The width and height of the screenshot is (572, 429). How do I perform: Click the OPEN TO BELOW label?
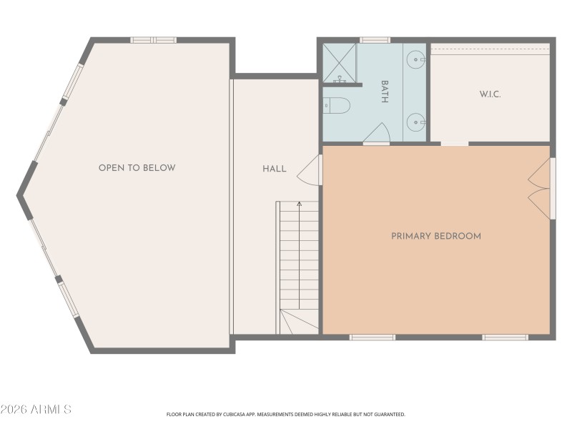[x=137, y=168]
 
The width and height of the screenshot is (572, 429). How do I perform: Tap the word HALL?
[x=274, y=169]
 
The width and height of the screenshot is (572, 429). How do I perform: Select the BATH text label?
[x=384, y=92]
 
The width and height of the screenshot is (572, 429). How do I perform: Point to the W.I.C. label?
[x=490, y=94]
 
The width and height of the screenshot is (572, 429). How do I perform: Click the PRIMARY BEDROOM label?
[x=435, y=236]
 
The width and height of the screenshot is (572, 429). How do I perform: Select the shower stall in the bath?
[x=339, y=63]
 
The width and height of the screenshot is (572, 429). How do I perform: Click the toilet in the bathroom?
[x=337, y=106]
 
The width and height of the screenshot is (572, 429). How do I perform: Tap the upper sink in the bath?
[x=415, y=61]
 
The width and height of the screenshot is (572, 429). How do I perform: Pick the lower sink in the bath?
[x=415, y=121]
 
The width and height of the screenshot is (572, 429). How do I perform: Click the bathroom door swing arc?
[x=377, y=133]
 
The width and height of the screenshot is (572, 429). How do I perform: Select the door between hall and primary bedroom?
[x=310, y=170]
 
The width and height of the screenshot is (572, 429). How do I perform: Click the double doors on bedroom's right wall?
[x=541, y=189]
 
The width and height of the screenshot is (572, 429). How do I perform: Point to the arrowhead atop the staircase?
[x=299, y=204]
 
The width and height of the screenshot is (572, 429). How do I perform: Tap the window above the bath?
[x=375, y=40]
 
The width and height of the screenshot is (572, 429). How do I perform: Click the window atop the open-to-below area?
[x=153, y=40]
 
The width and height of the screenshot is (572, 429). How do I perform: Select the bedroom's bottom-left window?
[x=372, y=337]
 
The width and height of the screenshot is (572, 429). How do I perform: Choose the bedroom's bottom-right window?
[x=505, y=337]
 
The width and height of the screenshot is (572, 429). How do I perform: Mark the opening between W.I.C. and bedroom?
[x=454, y=144]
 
